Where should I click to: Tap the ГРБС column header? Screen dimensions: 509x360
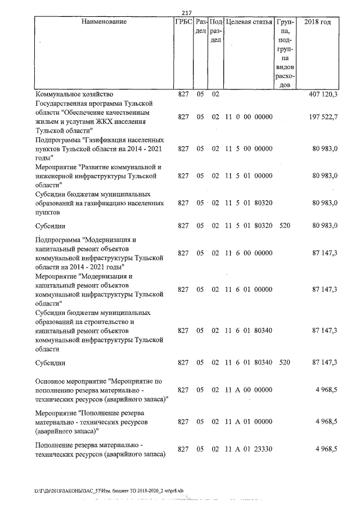pyautogui.click(x=183, y=22)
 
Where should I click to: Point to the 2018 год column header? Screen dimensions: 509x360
pyautogui.click(x=317, y=22)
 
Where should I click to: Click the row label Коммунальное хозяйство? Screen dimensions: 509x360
pyautogui.click(x=74, y=94)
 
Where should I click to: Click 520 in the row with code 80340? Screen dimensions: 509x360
pyautogui.click(x=284, y=363)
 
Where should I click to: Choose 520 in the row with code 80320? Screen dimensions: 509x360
pyautogui.click(x=284, y=226)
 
